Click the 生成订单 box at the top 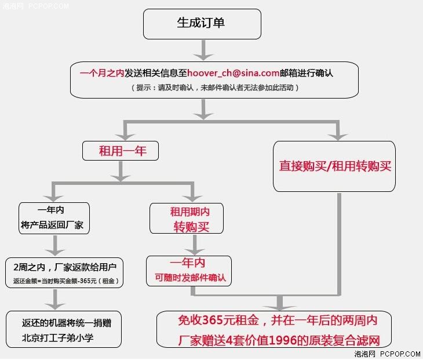pyautogui.click(x=202, y=24)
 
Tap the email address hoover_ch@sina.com pyautogui.click(x=234, y=73)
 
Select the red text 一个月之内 pyautogui.click(x=102, y=73)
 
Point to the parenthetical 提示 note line pyautogui.click(x=215, y=88)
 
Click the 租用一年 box pyautogui.click(x=121, y=151)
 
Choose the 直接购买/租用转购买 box pyautogui.click(x=334, y=166)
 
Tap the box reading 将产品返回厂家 pyautogui.click(x=54, y=218)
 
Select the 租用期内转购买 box pyautogui.click(x=187, y=219)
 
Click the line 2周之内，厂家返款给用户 pyautogui.click(x=65, y=267)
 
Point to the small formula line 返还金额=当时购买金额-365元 pyautogui.click(x=66, y=281)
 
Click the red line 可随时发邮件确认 pyautogui.click(x=190, y=278)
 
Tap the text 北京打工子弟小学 pyautogui.click(x=57, y=337)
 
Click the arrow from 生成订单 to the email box pyautogui.click(x=203, y=50)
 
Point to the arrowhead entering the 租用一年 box pyautogui.click(x=125, y=137)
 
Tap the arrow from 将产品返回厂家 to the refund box pyautogui.click(x=55, y=246)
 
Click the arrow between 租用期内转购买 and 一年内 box pyautogui.click(x=195, y=245)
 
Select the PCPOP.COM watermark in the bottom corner pyautogui.click(x=400, y=354)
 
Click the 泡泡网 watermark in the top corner pyautogui.click(x=13, y=6)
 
